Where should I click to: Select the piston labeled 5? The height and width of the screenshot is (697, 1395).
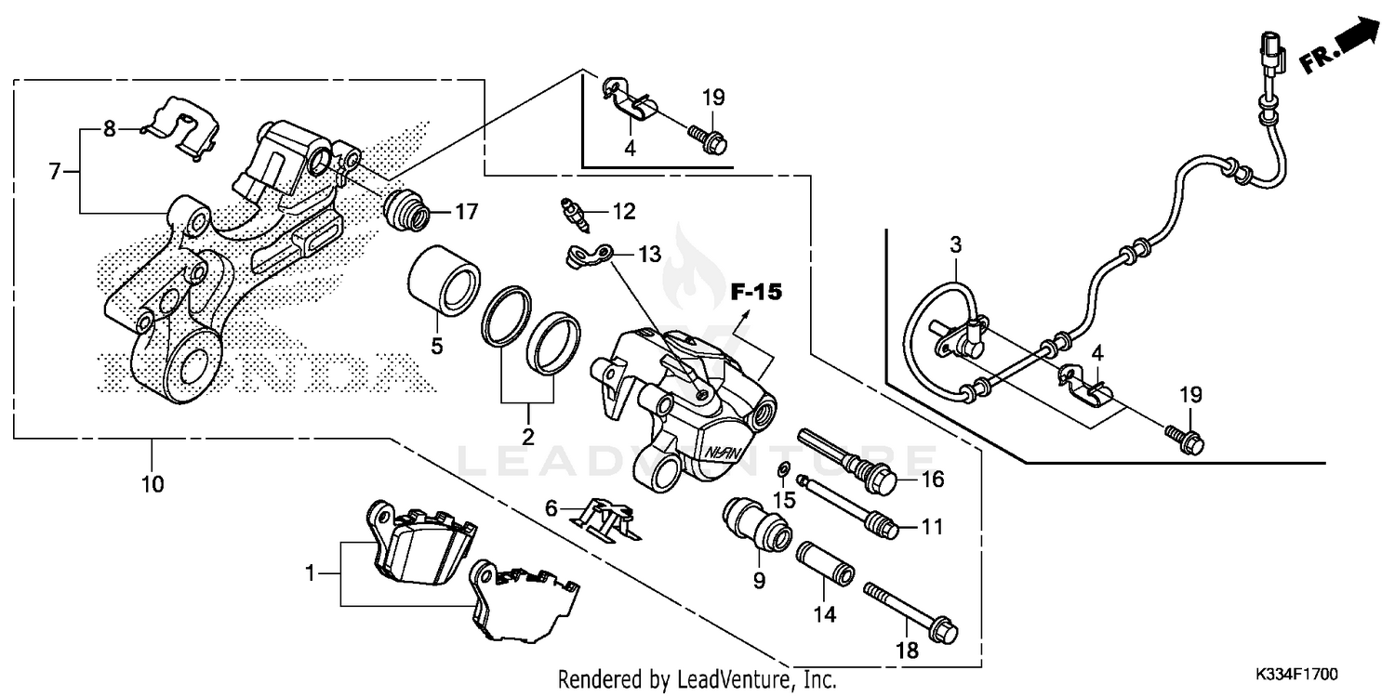point(445,280)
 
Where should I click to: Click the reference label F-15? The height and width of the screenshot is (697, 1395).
point(754,292)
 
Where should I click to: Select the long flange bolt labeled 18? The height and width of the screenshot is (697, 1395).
point(911,613)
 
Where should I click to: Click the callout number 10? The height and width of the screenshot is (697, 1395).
point(153,483)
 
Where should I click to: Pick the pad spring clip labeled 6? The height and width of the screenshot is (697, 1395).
point(604,518)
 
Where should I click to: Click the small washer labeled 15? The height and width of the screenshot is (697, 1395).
point(783,467)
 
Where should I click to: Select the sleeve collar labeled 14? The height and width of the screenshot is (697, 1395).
point(825,565)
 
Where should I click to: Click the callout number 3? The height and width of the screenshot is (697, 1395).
point(955,244)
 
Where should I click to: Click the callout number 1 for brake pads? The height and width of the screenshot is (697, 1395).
point(311,574)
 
